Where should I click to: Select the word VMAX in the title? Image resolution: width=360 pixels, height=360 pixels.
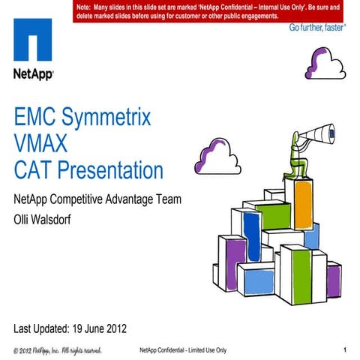pyautogui.click(x=46, y=143)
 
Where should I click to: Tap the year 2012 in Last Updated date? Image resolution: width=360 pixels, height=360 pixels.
pyautogui.click(x=110, y=328)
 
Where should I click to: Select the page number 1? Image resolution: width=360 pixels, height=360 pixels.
pyautogui.click(x=343, y=350)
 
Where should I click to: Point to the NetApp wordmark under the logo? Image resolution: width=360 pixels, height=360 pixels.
pyautogui.click(x=31, y=73)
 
